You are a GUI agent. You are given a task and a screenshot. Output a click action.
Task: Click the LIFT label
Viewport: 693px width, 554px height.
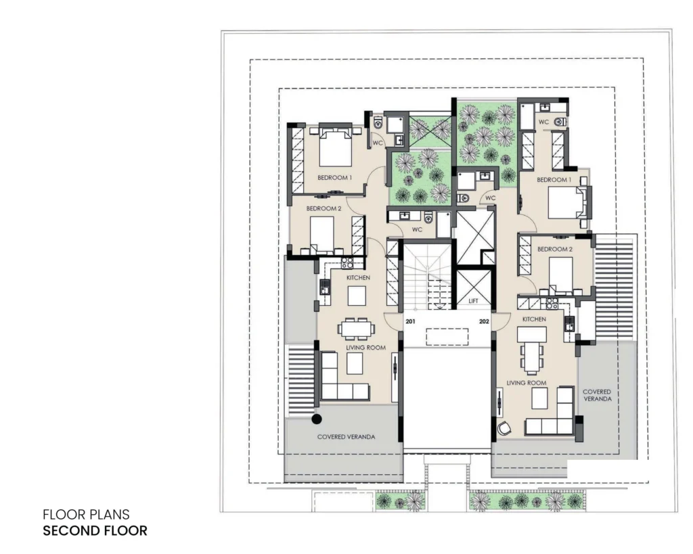tap(473, 301)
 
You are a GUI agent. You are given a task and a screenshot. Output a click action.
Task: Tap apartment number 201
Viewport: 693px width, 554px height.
tap(411, 321)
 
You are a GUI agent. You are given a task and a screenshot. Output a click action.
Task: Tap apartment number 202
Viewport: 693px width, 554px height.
tap(484, 321)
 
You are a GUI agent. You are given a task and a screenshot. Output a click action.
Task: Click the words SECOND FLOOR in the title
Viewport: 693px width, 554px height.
tap(95, 530)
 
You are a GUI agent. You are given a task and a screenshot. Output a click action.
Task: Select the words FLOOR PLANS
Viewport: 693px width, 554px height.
tap(86, 514)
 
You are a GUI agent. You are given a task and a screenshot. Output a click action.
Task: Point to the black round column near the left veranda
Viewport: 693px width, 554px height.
tap(317, 419)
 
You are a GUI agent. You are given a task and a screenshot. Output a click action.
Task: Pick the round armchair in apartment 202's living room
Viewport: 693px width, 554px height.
tap(504, 428)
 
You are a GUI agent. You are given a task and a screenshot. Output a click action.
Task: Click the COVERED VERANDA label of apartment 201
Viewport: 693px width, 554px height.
tap(346, 436)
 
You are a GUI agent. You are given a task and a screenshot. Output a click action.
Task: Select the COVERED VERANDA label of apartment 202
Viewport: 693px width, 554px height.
tap(597, 395)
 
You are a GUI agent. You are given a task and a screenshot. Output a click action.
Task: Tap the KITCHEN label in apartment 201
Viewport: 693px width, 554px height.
tap(358, 277)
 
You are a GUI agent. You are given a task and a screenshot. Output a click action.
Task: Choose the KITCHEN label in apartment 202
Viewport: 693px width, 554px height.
tap(534, 319)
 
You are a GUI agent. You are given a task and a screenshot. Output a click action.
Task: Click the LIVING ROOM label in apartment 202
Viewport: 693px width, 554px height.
tap(527, 383)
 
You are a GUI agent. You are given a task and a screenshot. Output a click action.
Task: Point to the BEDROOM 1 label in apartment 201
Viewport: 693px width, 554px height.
tap(334, 178)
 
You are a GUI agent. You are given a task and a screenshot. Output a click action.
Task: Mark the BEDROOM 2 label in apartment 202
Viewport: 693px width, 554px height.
tap(555, 249)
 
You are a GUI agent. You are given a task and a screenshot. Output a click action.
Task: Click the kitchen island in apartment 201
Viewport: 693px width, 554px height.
tap(357, 296)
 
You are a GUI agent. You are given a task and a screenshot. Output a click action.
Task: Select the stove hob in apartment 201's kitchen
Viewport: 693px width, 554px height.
tap(347, 263)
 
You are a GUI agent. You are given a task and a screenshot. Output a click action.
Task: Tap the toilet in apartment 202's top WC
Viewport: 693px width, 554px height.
tap(560, 122)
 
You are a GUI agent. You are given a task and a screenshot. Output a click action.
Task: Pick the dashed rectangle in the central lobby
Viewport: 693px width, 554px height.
tap(447, 337)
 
